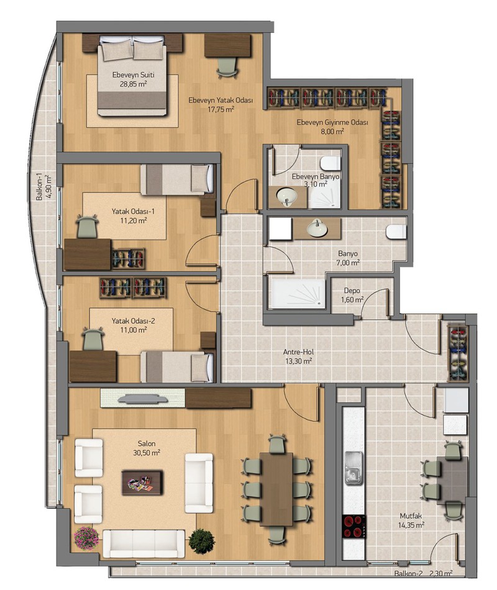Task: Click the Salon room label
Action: pyautogui.click(x=147, y=443)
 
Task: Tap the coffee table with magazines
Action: pyautogui.click(x=142, y=483)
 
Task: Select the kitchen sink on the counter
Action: pyautogui.click(x=354, y=468)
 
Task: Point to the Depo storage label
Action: pyautogui.click(x=352, y=291)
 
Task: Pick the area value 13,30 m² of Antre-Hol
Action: pyautogui.click(x=298, y=361)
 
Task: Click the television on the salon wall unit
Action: pyautogui.click(x=143, y=399)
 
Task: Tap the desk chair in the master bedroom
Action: pyautogui.click(x=227, y=67)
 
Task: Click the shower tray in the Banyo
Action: pyautogui.click(x=298, y=293)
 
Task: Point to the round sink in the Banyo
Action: pyautogui.click(x=317, y=229)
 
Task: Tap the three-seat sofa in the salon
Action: pyautogui.click(x=144, y=543)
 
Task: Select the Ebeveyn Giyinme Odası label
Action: pyautogui.click(x=332, y=122)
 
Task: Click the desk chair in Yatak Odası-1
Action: pyautogui.click(x=88, y=226)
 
